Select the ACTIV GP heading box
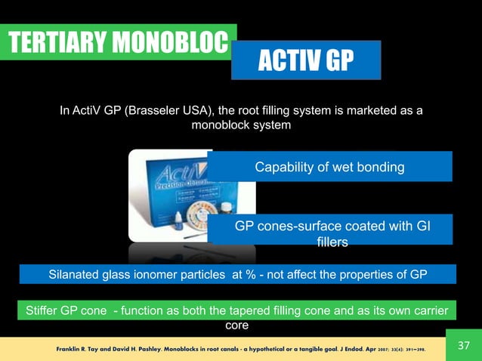pyautogui.click(x=306, y=60)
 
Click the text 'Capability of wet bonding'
pyautogui.click(x=329, y=167)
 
